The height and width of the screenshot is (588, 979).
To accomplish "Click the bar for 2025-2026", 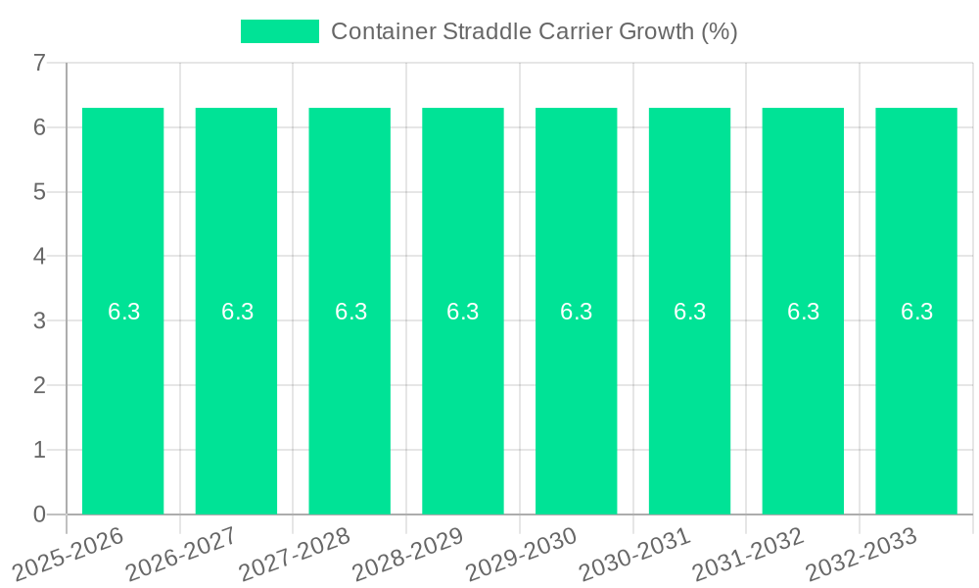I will [122, 412].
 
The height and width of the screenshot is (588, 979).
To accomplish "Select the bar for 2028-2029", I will [463, 412].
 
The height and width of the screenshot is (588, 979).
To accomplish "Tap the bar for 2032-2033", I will [916, 412].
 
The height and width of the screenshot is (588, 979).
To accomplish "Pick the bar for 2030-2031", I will [689, 412].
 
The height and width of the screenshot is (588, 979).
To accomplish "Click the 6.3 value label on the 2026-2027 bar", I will [237, 312].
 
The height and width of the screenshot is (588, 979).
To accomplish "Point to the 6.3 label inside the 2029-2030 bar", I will [577, 312].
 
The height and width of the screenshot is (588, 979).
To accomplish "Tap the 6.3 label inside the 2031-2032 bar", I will [803, 312].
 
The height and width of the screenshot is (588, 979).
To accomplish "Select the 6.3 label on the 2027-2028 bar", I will [350, 312].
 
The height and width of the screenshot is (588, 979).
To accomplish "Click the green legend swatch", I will [280, 31].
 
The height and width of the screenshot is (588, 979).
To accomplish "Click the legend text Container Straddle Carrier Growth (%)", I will [534, 31].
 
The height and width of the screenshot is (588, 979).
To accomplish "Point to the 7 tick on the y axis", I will [39, 63].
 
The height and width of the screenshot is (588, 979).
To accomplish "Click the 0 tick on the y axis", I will [39, 514].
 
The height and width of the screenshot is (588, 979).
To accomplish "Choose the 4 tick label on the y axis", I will [39, 257].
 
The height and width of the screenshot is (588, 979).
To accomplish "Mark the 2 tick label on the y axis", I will [39, 385].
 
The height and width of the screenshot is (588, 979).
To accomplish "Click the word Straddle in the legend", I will [489, 31].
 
